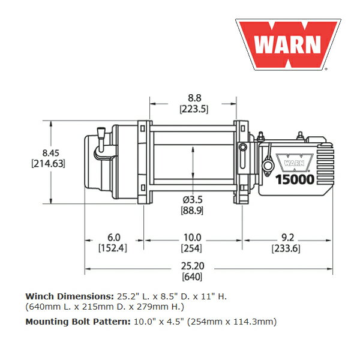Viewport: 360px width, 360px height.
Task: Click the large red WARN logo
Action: click(x=288, y=44)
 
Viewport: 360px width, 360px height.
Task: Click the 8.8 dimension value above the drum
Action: click(x=194, y=98)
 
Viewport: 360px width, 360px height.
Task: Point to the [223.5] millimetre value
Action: click(x=194, y=109)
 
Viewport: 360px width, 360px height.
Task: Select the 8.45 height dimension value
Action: click(x=51, y=153)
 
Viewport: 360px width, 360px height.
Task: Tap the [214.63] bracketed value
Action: click(x=48, y=164)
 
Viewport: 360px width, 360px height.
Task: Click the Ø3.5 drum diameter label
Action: click(x=193, y=200)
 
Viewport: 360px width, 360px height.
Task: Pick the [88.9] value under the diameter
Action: click(x=192, y=211)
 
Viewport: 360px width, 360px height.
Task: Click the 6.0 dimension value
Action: click(x=114, y=238)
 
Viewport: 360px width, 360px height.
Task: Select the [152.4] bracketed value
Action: click(x=113, y=248)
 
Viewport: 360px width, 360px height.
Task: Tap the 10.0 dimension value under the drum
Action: click(x=193, y=238)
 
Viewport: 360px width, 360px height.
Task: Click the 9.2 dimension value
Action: click(x=287, y=238)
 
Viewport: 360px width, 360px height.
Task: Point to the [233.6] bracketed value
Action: click(x=286, y=248)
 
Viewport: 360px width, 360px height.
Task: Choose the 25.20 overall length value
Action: click(x=193, y=266)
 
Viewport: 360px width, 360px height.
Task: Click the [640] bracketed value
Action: click(x=192, y=277)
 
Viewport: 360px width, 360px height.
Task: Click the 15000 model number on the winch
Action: click(x=295, y=179)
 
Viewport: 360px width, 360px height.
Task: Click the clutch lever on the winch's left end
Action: click(x=101, y=140)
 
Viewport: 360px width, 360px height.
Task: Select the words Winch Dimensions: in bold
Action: click(x=70, y=296)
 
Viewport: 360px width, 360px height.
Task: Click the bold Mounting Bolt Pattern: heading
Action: click(x=78, y=322)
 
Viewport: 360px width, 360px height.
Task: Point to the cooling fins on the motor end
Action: click(x=325, y=167)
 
